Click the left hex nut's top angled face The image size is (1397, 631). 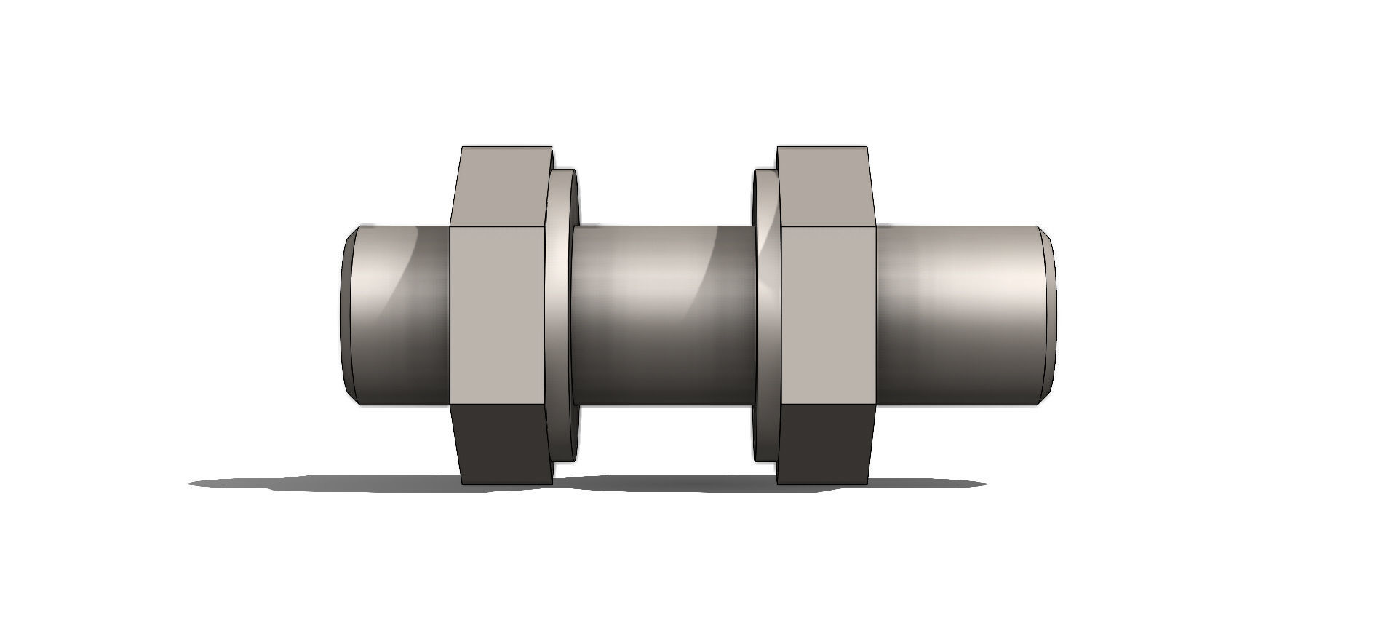[x=501, y=187]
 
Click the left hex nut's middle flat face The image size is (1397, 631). [x=498, y=314]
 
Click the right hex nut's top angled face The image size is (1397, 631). [x=824, y=187]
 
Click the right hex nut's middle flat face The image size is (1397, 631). [x=828, y=314]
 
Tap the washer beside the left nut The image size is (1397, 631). [x=562, y=314]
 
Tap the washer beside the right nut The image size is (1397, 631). [x=765, y=314]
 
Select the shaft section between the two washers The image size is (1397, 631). [x=662, y=314]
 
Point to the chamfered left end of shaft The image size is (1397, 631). [x=347, y=314]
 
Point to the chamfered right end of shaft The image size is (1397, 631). [x=1049, y=314]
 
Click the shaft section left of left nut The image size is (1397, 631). [x=400, y=314]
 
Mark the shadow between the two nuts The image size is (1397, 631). [x=662, y=483]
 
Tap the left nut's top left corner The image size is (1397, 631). [x=463, y=148]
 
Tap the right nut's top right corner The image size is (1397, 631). [x=867, y=148]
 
